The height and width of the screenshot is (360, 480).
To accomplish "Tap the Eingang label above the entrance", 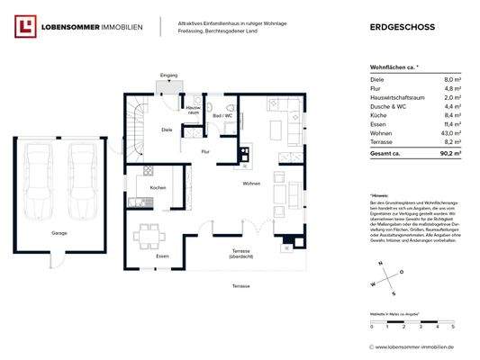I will coord(168,75).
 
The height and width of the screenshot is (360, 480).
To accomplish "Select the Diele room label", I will coord(167,130).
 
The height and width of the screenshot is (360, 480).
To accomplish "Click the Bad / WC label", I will coord(222,116).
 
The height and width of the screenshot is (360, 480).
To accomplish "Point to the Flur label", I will coord(205,151).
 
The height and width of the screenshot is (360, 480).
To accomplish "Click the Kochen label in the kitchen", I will coord(158,187).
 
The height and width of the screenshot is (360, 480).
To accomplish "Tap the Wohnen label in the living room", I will coord(250,184).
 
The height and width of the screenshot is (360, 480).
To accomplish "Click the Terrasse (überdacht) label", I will coord(240,253).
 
